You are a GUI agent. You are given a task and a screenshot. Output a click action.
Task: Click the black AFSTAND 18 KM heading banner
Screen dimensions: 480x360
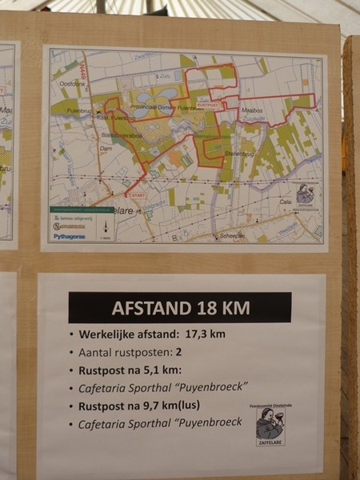[x=179, y=307]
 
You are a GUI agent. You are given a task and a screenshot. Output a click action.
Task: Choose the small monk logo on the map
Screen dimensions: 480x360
[x=306, y=194]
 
